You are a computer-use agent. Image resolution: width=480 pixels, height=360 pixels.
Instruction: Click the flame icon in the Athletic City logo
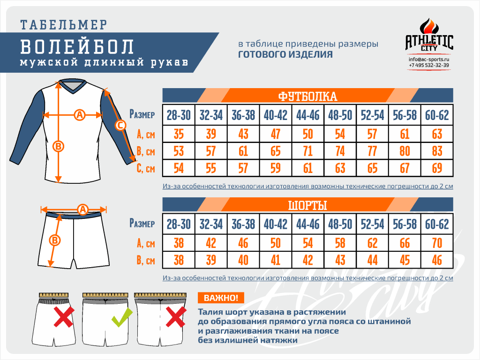429,26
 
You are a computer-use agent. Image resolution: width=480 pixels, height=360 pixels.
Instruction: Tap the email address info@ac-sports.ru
428,59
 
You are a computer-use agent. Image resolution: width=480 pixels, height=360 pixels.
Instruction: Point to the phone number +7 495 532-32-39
428,65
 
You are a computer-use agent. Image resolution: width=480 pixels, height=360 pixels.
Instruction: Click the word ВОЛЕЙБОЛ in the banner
77,47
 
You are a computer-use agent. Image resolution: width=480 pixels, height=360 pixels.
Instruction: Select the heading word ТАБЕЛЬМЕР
64,25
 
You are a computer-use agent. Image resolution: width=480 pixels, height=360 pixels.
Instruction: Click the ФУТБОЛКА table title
307,97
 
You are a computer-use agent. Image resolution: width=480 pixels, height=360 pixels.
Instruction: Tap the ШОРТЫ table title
307,205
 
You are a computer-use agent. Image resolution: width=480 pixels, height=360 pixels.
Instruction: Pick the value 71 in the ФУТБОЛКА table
307,151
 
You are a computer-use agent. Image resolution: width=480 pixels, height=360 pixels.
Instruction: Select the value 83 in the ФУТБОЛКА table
437,151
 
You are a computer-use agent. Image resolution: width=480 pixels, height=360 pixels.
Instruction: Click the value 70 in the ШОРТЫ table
437,243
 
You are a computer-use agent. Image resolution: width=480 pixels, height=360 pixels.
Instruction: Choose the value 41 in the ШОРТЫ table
276,261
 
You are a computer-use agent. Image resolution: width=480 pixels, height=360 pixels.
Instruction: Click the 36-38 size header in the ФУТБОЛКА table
243,115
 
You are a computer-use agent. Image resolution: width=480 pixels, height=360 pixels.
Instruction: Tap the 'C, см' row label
146,168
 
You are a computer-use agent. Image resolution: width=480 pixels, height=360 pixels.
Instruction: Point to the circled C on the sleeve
120,125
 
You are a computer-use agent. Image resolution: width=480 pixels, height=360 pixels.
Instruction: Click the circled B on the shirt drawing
58,146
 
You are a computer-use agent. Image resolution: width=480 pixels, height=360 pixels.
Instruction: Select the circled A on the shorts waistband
82,210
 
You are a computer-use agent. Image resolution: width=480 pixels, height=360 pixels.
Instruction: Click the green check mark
121,317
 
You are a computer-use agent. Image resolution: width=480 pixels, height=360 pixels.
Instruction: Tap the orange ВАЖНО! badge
221,298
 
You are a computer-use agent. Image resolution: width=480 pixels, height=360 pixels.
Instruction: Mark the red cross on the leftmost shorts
64,317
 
